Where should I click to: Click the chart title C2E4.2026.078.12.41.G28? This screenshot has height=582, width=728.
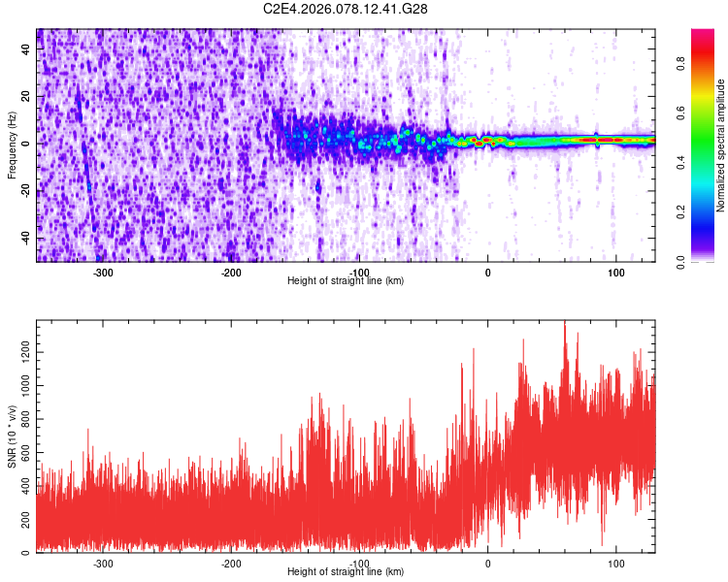(347, 9)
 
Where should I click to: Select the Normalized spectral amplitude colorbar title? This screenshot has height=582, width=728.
(721, 145)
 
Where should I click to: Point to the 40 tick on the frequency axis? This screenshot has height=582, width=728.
(27, 49)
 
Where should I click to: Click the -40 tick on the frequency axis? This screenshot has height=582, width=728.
(27, 239)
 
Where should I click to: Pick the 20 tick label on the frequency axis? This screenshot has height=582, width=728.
(27, 97)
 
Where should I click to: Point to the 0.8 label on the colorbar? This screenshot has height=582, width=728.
(681, 64)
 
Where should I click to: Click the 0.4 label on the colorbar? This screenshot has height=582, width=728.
(681, 163)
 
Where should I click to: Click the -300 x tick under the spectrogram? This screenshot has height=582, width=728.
(103, 273)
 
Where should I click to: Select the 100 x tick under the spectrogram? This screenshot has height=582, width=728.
(615, 273)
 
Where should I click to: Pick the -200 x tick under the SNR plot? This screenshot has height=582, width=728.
(231, 564)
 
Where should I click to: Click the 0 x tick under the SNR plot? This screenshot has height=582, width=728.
(487, 564)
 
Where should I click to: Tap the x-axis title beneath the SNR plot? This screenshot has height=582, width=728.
(347, 572)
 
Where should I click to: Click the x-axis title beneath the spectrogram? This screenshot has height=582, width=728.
(347, 281)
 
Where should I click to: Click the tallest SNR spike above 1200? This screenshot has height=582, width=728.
(564, 326)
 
